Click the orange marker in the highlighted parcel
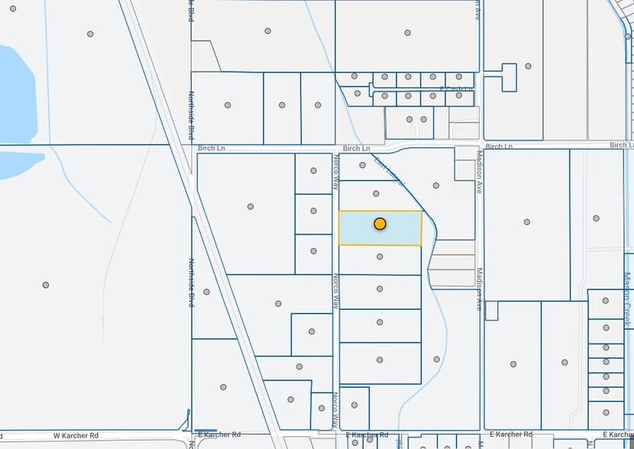pyautogui.click(x=380, y=224)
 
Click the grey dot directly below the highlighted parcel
pyautogui.click(x=380, y=257)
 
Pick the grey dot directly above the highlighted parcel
pyautogui.click(x=376, y=194)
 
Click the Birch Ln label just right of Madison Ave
pyautogui.click(x=499, y=146)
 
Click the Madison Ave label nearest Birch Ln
pyautogui.click(x=480, y=176)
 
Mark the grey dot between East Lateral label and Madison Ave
pyautogui.click(x=436, y=185)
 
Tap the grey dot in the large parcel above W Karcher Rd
pyautogui.click(x=46, y=285)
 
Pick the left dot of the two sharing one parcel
pyautogui.click(x=410, y=119)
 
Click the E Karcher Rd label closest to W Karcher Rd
pyautogui.click(x=216, y=433)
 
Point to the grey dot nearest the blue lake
pyautogui.click(x=90, y=34)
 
